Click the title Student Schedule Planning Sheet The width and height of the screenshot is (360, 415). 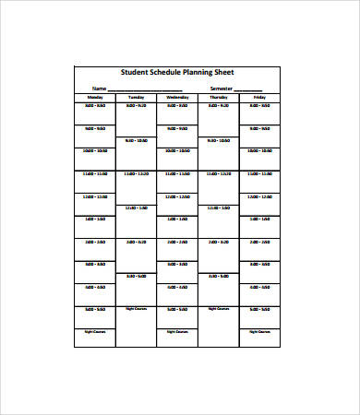tap(177, 74)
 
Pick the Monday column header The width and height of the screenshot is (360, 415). tap(95, 97)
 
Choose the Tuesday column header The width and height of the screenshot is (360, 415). tap(137, 97)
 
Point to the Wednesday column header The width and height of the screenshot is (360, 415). tap(177, 97)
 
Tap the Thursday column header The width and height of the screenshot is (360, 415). tap(219, 97)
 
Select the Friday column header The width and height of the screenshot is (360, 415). tap(259, 97)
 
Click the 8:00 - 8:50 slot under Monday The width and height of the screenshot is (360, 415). tap(95, 105)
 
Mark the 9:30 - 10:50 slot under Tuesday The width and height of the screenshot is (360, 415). tap(137, 141)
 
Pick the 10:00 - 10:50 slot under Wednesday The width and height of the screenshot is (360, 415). tap(177, 150)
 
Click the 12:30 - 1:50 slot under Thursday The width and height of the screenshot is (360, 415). tap(219, 207)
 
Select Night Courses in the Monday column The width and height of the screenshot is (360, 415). tap(95, 330)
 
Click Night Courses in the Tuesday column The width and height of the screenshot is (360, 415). tap(137, 309)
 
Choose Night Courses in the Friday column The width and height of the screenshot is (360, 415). tap(259, 330)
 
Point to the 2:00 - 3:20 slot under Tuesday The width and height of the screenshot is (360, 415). tap(137, 242)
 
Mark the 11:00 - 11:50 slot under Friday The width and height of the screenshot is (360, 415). tap(259, 173)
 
